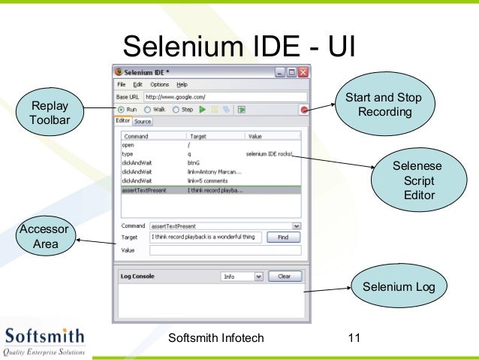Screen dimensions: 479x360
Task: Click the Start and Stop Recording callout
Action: [x=383, y=105]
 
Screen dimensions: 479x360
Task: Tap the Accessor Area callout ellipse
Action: [x=44, y=237]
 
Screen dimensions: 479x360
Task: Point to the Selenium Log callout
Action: [x=398, y=287]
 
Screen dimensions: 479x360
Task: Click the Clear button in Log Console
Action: [x=285, y=277]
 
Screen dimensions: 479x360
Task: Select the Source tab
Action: [x=143, y=121]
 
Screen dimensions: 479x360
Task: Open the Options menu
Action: [x=159, y=85]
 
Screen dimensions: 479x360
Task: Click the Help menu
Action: [x=182, y=85]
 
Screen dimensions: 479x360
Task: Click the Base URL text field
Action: [x=225, y=97]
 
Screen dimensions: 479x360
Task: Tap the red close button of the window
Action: [x=303, y=72]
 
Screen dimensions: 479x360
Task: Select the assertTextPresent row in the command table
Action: [x=210, y=190]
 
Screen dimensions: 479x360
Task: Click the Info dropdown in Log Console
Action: [x=243, y=277]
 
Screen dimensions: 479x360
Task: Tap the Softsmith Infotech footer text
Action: [x=218, y=338]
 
